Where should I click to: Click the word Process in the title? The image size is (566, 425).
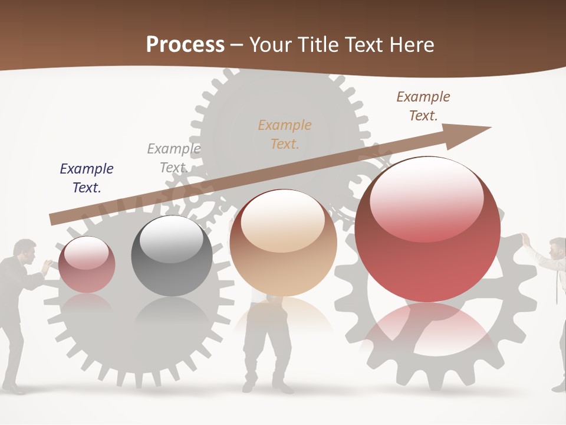point(185,45)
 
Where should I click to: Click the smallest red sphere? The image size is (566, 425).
point(87,264)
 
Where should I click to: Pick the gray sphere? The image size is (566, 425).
point(172,256)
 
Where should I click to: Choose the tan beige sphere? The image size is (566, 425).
point(283,243)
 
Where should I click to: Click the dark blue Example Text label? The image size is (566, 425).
point(87,178)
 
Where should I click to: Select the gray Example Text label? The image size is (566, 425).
point(173,158)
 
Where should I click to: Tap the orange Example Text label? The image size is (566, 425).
point(285,134)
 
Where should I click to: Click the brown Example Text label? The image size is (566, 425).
point(423,106)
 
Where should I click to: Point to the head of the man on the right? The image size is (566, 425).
point(557,248)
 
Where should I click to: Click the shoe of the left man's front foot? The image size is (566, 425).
point(16,389)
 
